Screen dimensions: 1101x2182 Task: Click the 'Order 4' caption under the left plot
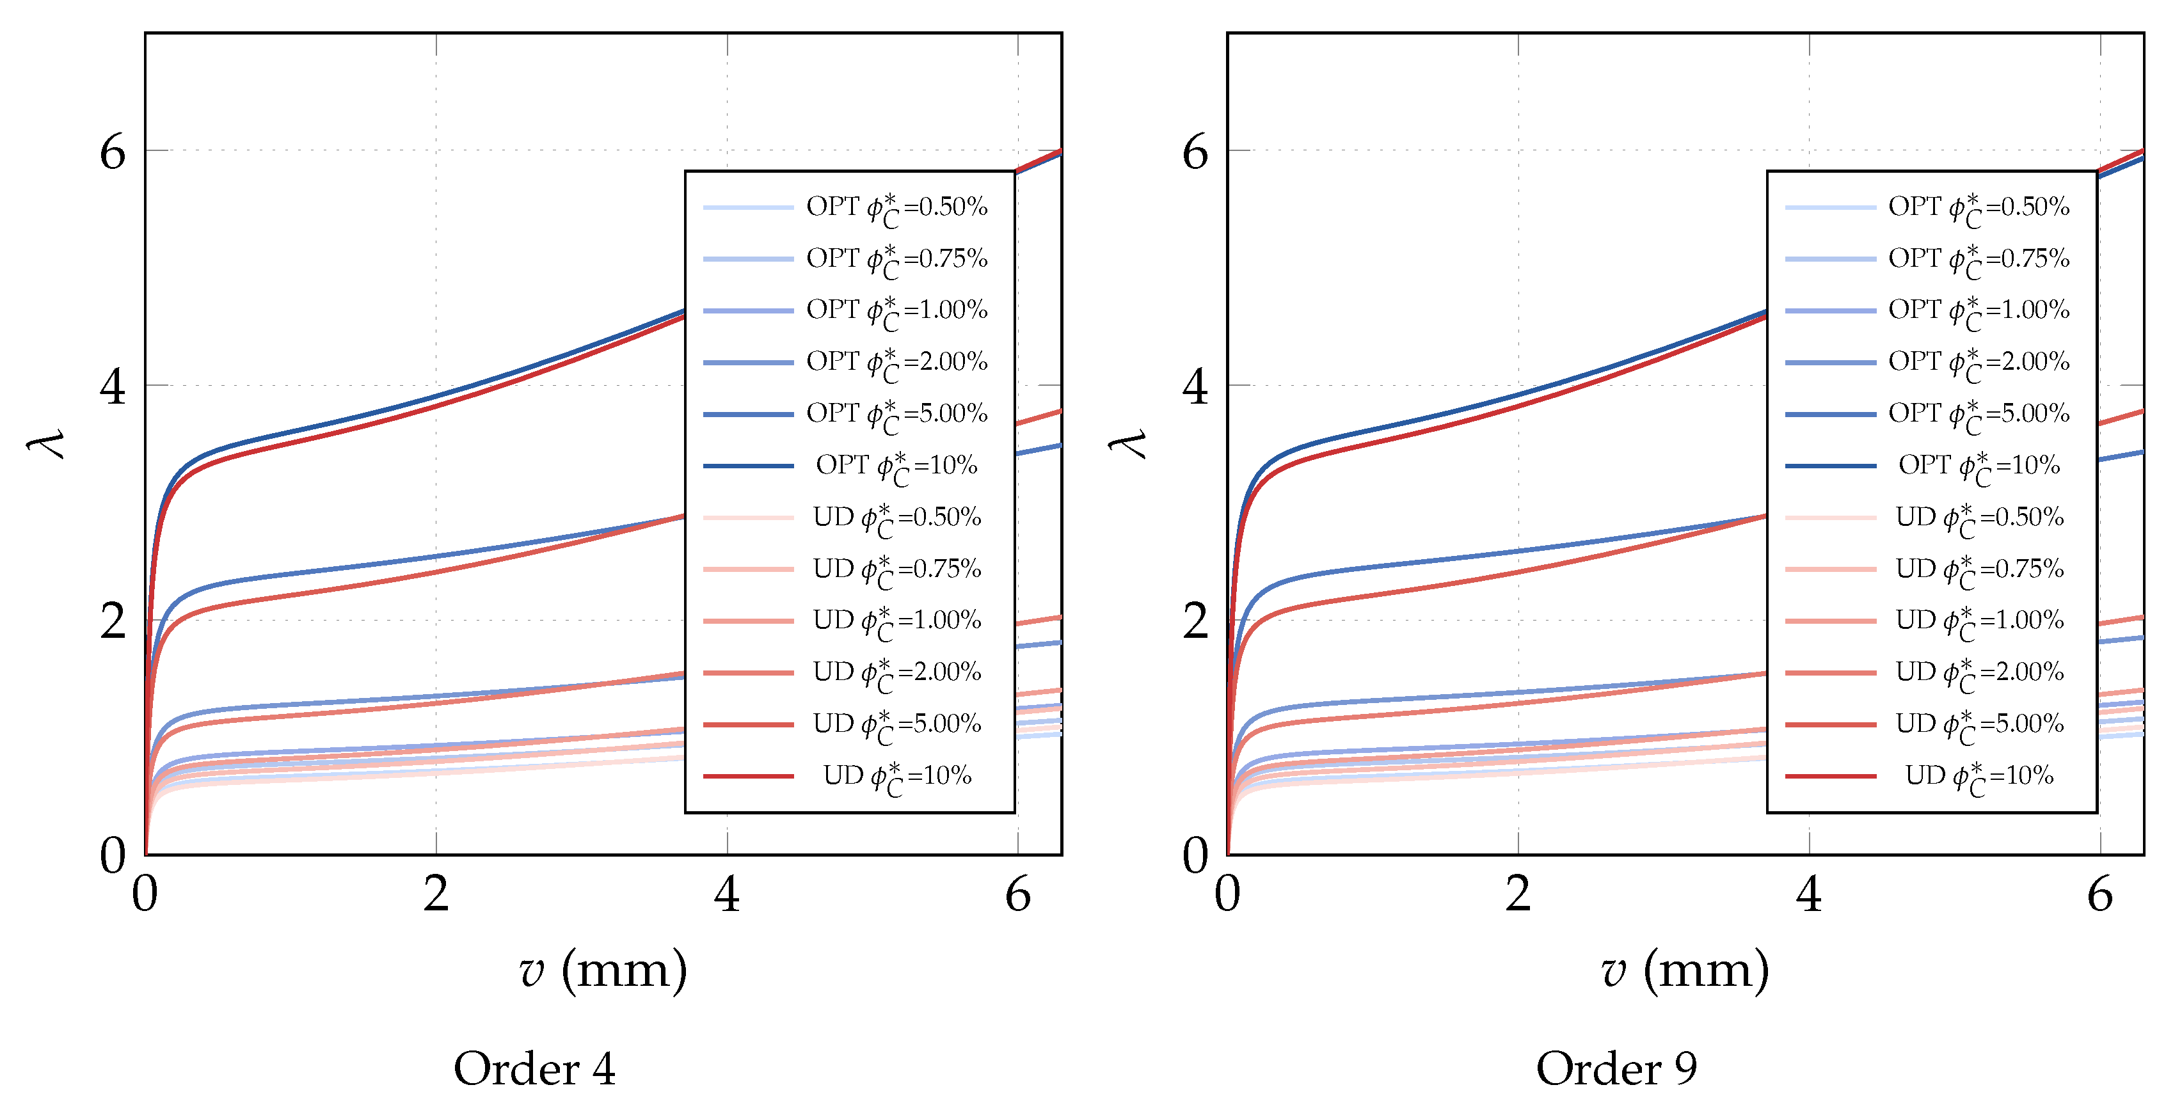[534, 1069]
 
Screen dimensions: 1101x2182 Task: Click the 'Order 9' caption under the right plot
[1616, 1069]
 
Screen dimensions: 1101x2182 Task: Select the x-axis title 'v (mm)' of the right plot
[1685, 970]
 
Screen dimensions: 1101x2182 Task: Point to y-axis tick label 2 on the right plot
[1195, 622]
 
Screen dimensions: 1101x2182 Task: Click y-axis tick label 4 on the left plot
[113, 387]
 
